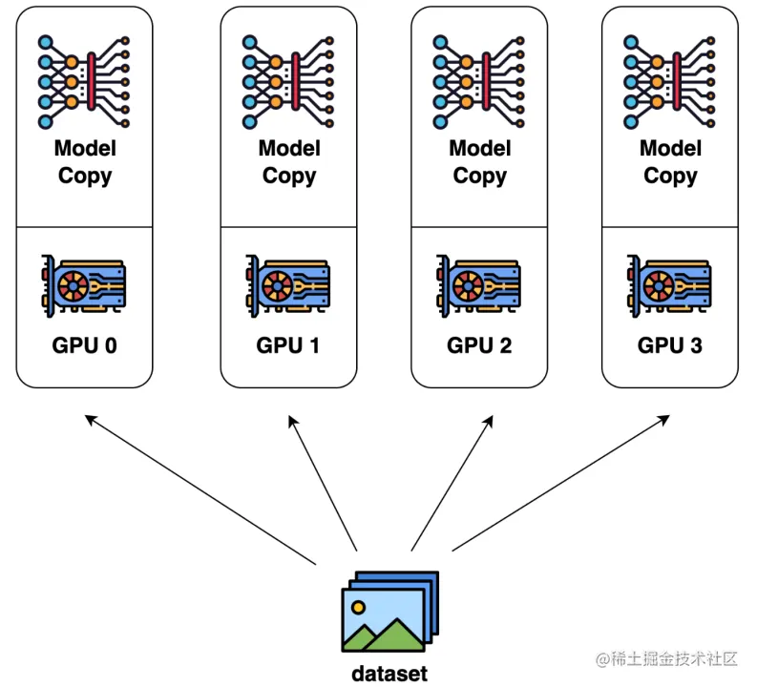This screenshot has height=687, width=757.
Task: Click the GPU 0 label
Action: click(84, 345)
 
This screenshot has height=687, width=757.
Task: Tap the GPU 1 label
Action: click(288, 345)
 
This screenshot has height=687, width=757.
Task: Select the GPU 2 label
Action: click(479, 345)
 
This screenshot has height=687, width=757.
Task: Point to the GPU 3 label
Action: click(670, 345)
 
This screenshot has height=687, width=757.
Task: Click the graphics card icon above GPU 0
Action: click(84, 283)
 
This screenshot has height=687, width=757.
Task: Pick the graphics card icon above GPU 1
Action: click(288, 283)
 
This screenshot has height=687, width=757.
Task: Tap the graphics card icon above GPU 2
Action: click(479, 283)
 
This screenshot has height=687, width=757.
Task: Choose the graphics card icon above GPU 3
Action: click(670, 283)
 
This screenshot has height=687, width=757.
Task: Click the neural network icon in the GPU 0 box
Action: click(84, 80)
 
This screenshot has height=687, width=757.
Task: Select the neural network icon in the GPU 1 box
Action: click(288, 80)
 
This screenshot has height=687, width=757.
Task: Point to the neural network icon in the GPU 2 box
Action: click(479, 80)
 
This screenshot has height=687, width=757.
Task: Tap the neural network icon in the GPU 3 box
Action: click(670, 80)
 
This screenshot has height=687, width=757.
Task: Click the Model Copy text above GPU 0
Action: click(84, 162)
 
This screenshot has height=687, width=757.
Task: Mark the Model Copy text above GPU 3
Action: click(670, 162)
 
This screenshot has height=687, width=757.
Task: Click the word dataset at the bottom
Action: click(389, 674)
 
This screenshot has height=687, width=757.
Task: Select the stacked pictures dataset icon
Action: click(389, 613)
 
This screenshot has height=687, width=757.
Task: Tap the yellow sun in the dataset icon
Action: click(358, 606)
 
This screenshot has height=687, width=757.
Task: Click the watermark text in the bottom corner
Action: click(667, 658)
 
